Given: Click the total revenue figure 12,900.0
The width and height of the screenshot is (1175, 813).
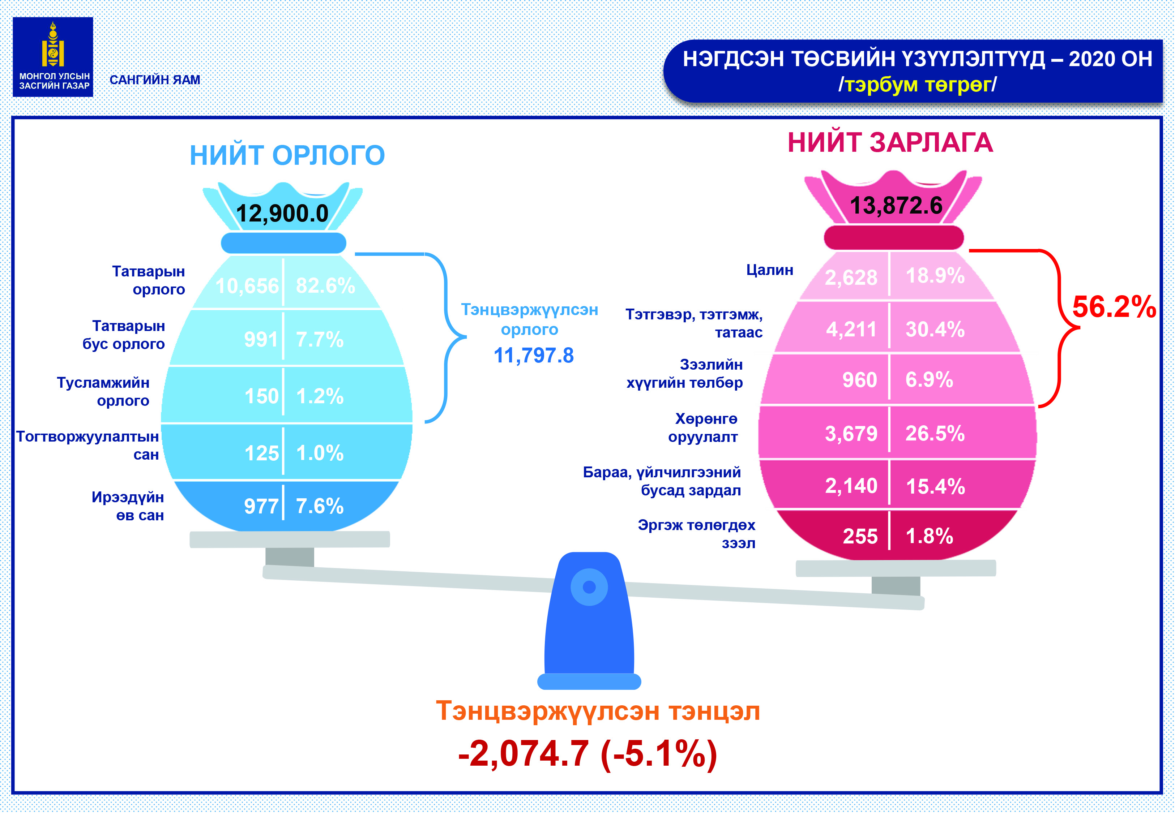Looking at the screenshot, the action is (282, 213).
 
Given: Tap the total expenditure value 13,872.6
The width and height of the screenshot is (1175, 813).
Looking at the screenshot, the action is (896, 205).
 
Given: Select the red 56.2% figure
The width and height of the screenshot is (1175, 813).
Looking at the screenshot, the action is (1114, 307).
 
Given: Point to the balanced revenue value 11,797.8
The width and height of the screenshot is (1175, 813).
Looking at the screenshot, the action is (534, 356).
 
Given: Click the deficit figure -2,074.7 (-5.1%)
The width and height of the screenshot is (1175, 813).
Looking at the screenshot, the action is (587, 753).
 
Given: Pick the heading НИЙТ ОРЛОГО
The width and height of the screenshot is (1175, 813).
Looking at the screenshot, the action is (287, 155).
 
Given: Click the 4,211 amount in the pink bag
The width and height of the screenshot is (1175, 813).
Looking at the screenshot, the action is (851, 329).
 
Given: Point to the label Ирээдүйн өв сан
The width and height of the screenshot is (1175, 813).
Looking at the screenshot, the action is (128, 506).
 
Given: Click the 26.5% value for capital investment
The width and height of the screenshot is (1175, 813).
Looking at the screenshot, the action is (935, 434).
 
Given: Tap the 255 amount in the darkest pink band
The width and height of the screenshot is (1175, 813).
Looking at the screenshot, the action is (860, 536).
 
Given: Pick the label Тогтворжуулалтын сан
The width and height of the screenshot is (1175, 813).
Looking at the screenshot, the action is (87, 445).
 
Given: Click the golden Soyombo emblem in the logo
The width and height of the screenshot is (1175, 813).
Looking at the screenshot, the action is (53, 45).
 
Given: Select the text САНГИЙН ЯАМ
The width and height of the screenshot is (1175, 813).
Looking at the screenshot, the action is (155, 80).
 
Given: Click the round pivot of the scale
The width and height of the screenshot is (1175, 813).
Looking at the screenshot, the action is (589, 587).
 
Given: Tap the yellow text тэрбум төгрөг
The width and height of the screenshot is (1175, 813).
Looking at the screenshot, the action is (917, 85).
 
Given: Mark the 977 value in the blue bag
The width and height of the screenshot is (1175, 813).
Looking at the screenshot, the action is (261, 506).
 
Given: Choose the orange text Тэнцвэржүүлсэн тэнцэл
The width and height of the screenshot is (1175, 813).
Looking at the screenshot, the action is (598, 711).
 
